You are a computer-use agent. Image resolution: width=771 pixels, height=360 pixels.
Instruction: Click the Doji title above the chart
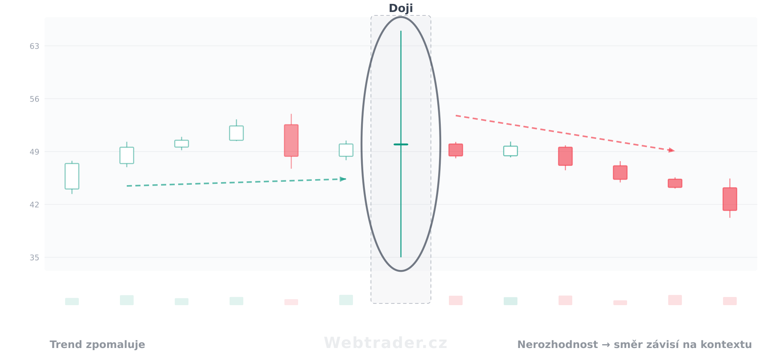click(x=400, y=8)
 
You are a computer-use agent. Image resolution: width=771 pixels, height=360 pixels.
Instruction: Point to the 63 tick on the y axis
click(x=34, y=46)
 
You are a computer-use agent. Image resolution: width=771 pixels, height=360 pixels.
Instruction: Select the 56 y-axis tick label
click(x=34, y=99)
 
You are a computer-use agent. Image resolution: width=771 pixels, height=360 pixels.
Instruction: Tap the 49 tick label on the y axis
click(x=34, y=152)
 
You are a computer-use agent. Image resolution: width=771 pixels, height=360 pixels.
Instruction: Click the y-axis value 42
click(x=34, y=205)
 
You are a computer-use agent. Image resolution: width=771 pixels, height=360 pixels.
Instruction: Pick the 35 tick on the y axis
click(x=34, y=258)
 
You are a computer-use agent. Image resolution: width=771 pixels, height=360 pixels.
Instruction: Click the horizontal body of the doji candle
click(x=401, y=144)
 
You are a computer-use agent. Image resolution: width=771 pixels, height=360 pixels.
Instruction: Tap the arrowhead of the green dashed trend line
click(x=343, y=179)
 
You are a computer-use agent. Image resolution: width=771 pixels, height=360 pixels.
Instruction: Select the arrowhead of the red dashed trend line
click(x=671, y=150)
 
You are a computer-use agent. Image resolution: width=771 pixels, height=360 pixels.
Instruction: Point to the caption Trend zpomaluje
click(x=97, y=345)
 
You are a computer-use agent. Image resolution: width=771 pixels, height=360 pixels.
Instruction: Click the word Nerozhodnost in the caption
click(x=557, y=345)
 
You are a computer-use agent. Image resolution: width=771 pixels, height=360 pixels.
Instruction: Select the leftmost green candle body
click(x=72, y=176)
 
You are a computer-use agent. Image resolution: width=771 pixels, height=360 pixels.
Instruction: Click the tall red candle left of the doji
click(x=291, y=141)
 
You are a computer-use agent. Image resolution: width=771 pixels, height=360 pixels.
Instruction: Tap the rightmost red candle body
click(x=730, y=199)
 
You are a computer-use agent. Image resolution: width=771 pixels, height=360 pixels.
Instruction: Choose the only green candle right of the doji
click(x=511, y=151)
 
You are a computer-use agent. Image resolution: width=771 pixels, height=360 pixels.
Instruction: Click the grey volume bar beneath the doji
click(x=401, y=287)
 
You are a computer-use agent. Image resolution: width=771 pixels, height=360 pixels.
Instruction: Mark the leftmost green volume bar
click(x=72, y=301)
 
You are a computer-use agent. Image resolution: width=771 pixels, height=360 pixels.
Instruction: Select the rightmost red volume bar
click(x=730, y=301)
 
